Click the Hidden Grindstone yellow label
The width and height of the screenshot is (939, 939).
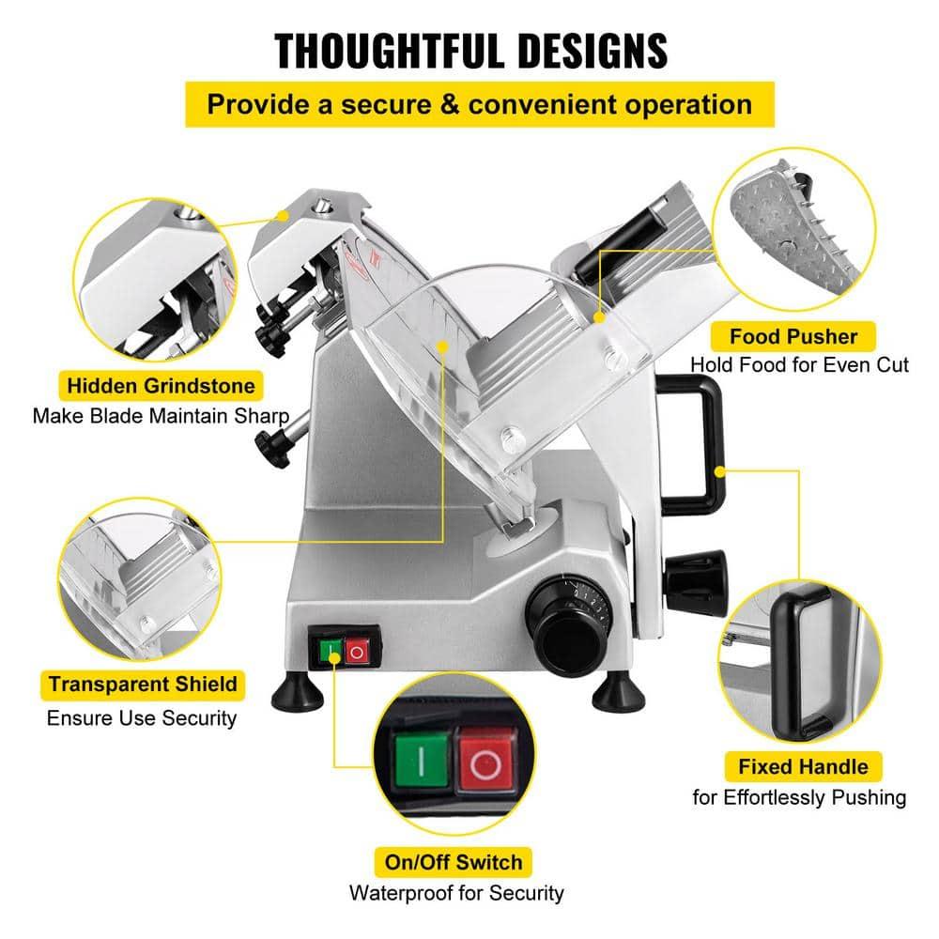[160, 384]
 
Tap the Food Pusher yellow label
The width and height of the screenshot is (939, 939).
[794, 334]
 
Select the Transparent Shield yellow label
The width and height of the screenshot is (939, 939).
[143, 683]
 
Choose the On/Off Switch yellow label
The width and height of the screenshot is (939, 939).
[453, 860]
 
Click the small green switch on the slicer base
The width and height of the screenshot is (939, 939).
[331, 650]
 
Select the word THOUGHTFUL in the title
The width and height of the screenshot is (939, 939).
[384, 50]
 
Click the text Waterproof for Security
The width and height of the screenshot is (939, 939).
[456, 892]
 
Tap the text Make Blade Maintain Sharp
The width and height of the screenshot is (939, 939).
[160, 416]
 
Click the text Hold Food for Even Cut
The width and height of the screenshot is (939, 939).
[799, 364]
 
